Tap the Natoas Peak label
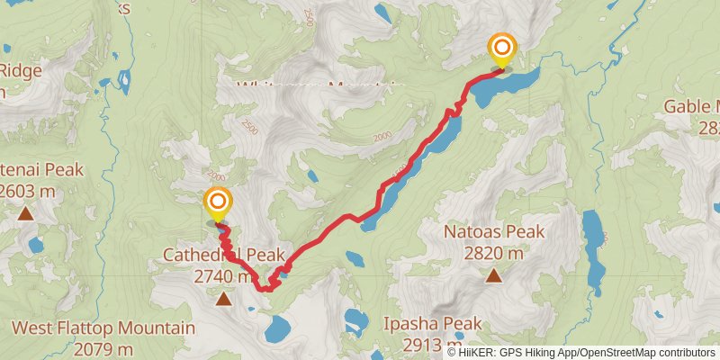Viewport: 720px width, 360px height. point(494,232)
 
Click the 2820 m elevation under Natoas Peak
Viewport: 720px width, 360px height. point(494,254)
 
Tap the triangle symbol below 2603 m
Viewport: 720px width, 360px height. point(24,213)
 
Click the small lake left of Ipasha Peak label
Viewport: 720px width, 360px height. point(356,319)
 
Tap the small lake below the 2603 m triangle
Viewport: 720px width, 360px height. point(36,245)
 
